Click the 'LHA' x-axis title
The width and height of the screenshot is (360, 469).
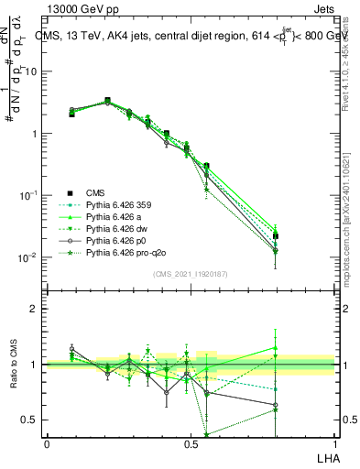(325, 457)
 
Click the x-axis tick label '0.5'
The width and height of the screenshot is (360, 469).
(191, 443)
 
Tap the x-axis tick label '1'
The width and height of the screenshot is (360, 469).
(334, 443)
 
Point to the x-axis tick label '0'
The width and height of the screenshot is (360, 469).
(47, 443)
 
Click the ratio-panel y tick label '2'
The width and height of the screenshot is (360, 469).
(34, 309)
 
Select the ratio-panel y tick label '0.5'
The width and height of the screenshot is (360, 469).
(29, 420)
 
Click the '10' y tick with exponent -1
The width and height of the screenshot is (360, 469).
(27, 195)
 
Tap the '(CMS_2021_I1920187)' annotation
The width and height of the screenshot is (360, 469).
(191, 273)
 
